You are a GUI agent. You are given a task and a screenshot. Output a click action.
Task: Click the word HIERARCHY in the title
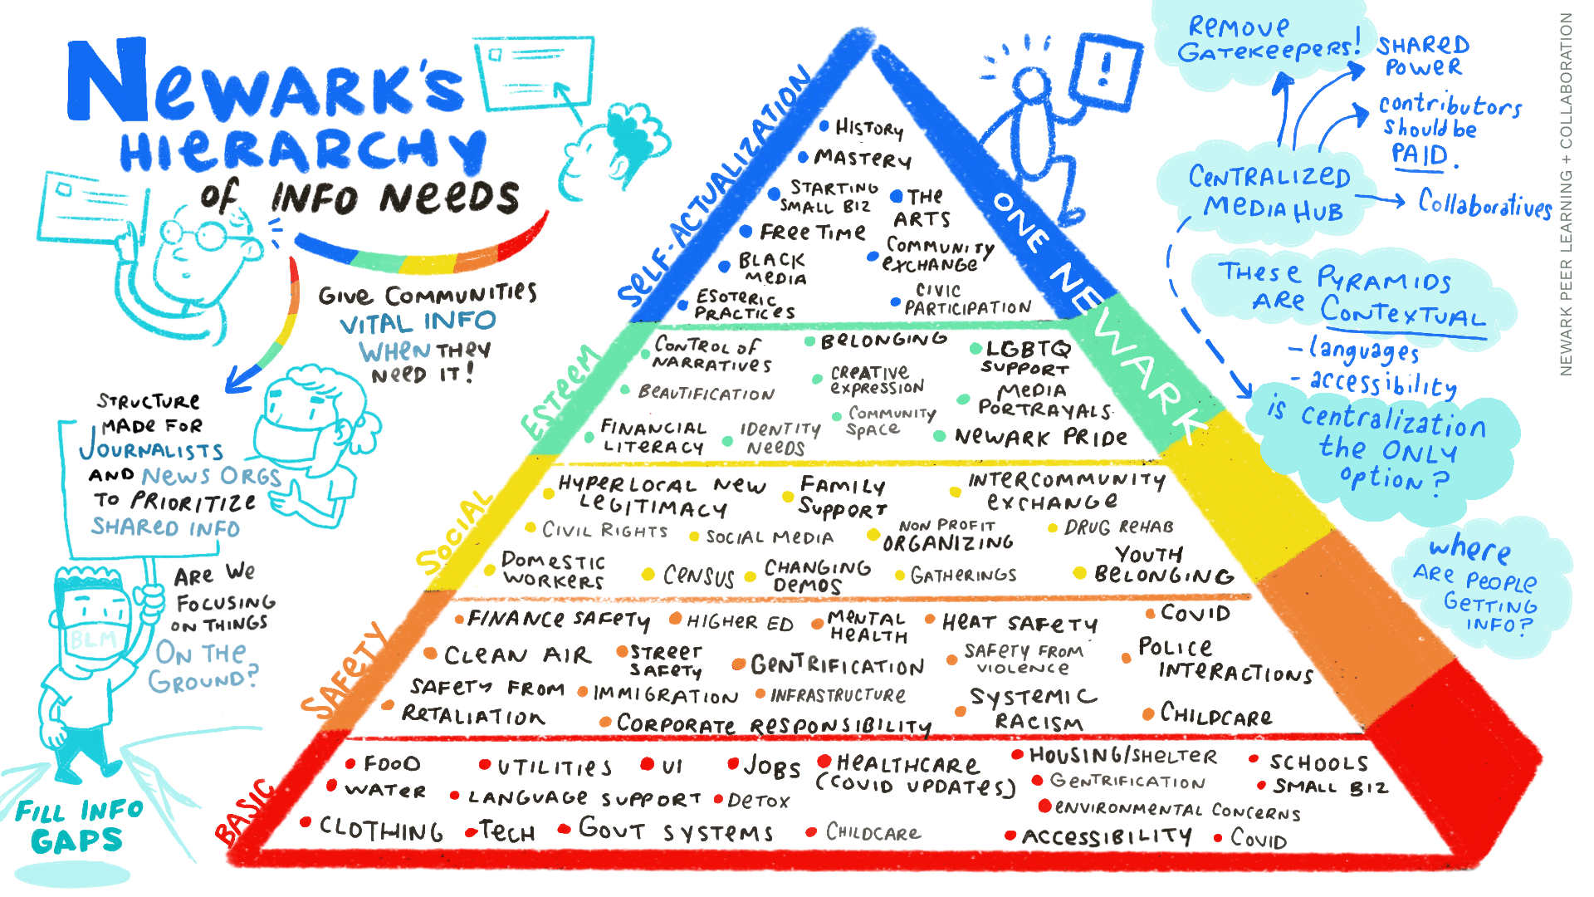pos(303,149)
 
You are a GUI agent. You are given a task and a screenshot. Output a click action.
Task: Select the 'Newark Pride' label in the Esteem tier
pos(1041,437)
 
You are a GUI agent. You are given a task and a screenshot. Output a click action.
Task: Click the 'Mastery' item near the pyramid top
pos(863,158)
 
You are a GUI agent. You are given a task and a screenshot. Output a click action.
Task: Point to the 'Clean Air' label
pos(517,655)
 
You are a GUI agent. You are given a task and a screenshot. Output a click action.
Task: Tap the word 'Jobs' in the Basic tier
pos(772,766)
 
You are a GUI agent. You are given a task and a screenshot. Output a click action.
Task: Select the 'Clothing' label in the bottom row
pos(381,829)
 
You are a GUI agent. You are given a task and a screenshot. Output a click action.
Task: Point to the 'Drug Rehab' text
pos(1119,527)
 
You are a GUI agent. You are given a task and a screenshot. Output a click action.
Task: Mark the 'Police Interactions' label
pos(1225,660)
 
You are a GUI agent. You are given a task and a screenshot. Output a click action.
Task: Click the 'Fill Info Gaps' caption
pos(79,826)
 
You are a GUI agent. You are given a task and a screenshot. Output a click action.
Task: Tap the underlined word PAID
pos(1420,154)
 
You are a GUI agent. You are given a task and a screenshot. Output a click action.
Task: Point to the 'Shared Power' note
pos(1423,55)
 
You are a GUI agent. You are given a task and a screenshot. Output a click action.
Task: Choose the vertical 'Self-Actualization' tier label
pos(715,187)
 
